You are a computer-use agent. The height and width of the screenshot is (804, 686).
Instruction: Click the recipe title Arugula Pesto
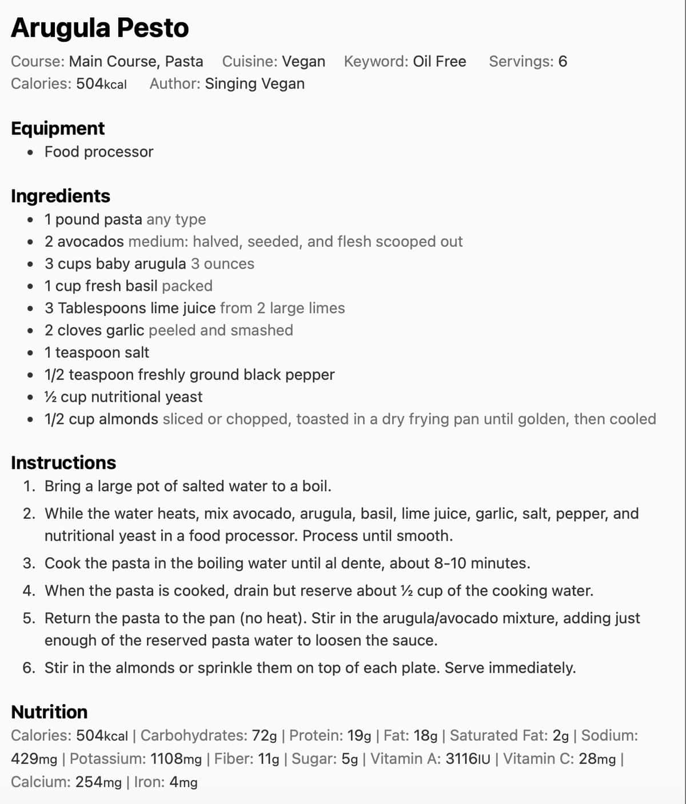coord(99,28)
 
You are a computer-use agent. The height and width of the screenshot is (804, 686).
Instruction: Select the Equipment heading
coord(58,128)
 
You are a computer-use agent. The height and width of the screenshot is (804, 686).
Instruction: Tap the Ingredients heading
coord(61,195)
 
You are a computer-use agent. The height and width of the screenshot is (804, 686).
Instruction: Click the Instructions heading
coord(63,462)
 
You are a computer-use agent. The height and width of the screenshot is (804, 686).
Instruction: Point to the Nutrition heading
coord(49,712)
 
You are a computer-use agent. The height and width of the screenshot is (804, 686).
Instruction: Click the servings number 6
coord(563,61)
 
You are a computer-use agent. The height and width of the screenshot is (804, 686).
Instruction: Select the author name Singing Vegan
coord(254,83)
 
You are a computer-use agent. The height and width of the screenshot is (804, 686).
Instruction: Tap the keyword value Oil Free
coord(439,61)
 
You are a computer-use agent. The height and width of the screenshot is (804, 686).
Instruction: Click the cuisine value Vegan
coord(304,61)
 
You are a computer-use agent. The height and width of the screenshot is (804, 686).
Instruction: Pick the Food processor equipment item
coord(99,151)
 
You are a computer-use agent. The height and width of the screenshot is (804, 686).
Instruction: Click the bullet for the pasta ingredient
coord(30,220)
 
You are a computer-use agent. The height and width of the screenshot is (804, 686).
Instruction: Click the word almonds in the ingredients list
coord(129,419)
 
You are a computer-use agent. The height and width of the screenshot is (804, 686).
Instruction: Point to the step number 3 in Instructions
coord(29,563)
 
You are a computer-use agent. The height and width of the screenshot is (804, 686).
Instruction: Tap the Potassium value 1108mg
coord(176,759)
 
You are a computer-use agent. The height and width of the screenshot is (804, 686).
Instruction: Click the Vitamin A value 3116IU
coord(468,759)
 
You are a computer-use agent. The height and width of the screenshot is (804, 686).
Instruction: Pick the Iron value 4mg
coord(183,782)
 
